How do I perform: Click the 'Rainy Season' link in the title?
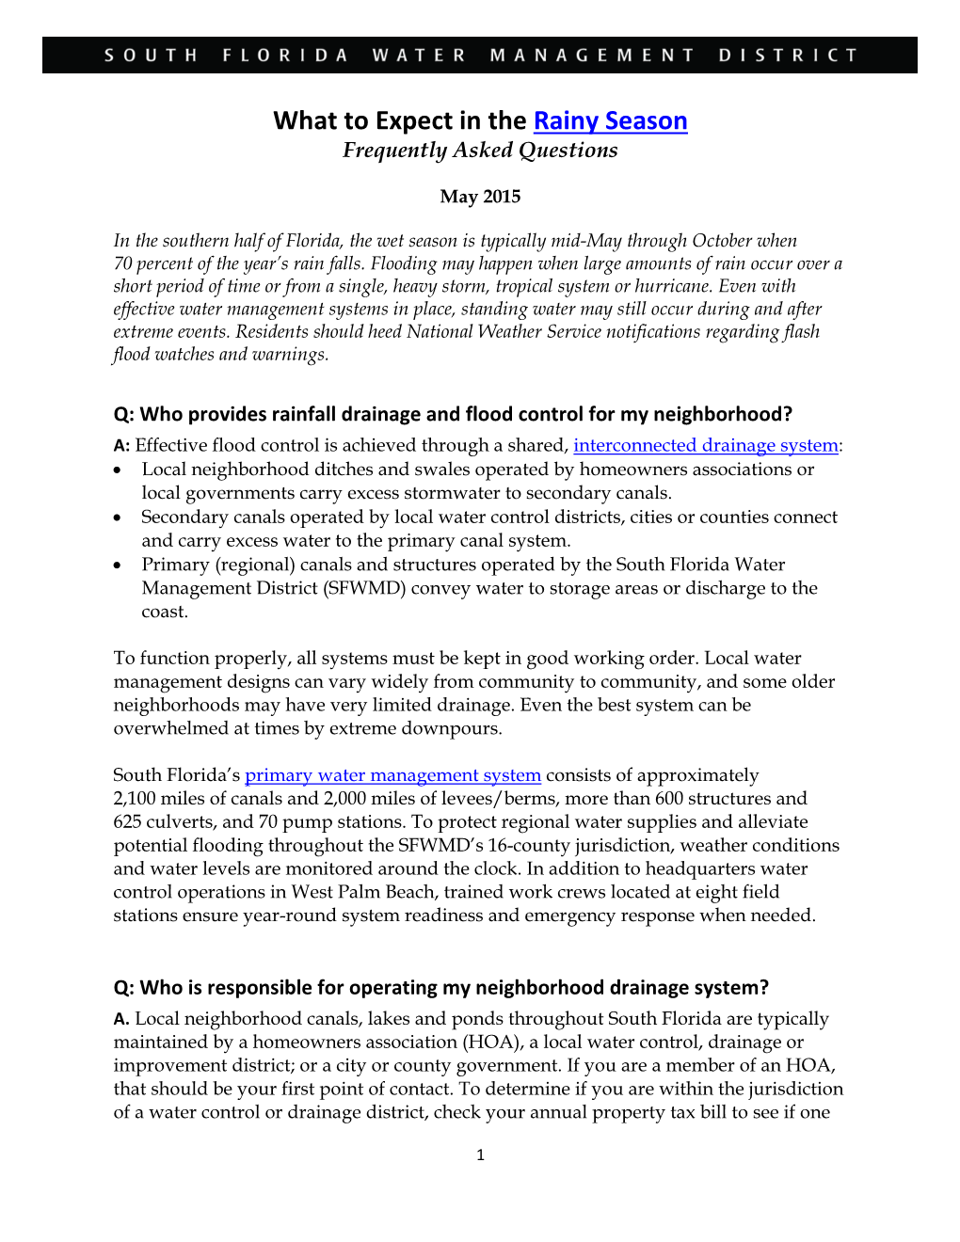pos(610,121)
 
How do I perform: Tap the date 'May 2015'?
pos(480,197)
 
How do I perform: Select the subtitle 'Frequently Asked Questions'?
pos(480,151)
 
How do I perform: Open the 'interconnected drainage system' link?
pos(705,446)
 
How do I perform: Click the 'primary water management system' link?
pos(392,775)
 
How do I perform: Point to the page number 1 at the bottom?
pos(480,1155)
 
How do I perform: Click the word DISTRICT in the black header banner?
pos(788,56)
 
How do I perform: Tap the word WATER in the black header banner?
pos(419,56)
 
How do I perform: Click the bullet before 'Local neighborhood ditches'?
pos(118,470)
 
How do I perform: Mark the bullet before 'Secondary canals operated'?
pos(118,518)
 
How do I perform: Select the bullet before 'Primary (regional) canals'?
pos(118,565)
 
